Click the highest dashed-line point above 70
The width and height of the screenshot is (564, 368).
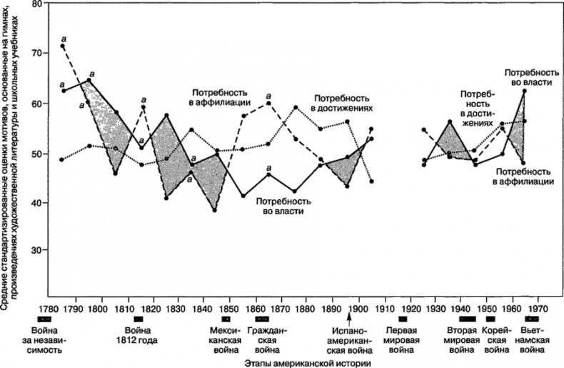point(63,46)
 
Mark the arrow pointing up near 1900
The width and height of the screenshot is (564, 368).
point(350,315)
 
